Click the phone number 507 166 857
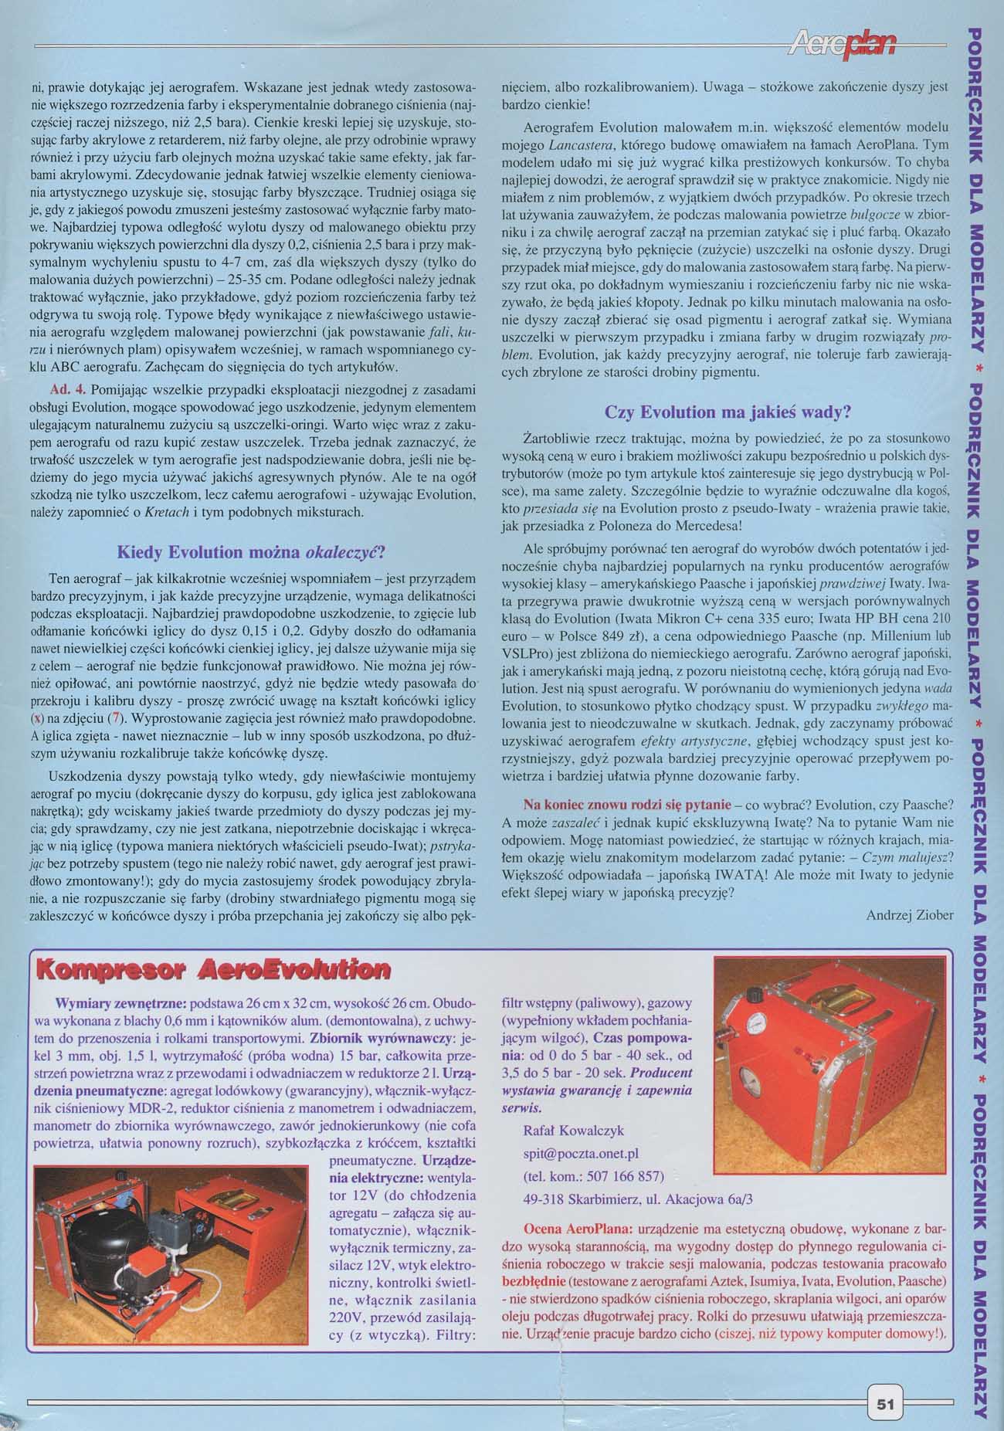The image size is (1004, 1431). [x=593, y=1176]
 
